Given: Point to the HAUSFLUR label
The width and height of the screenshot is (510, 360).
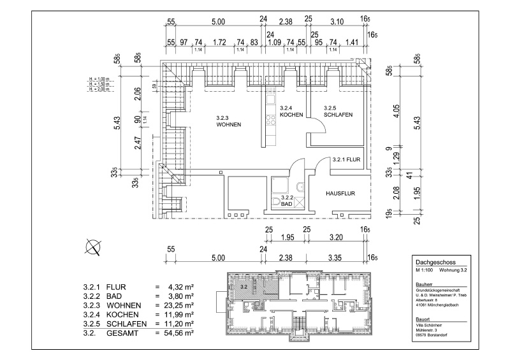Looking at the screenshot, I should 340,192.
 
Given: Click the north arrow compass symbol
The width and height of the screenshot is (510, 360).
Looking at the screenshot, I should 94,246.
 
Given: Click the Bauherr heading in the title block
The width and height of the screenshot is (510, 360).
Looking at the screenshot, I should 423,283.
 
